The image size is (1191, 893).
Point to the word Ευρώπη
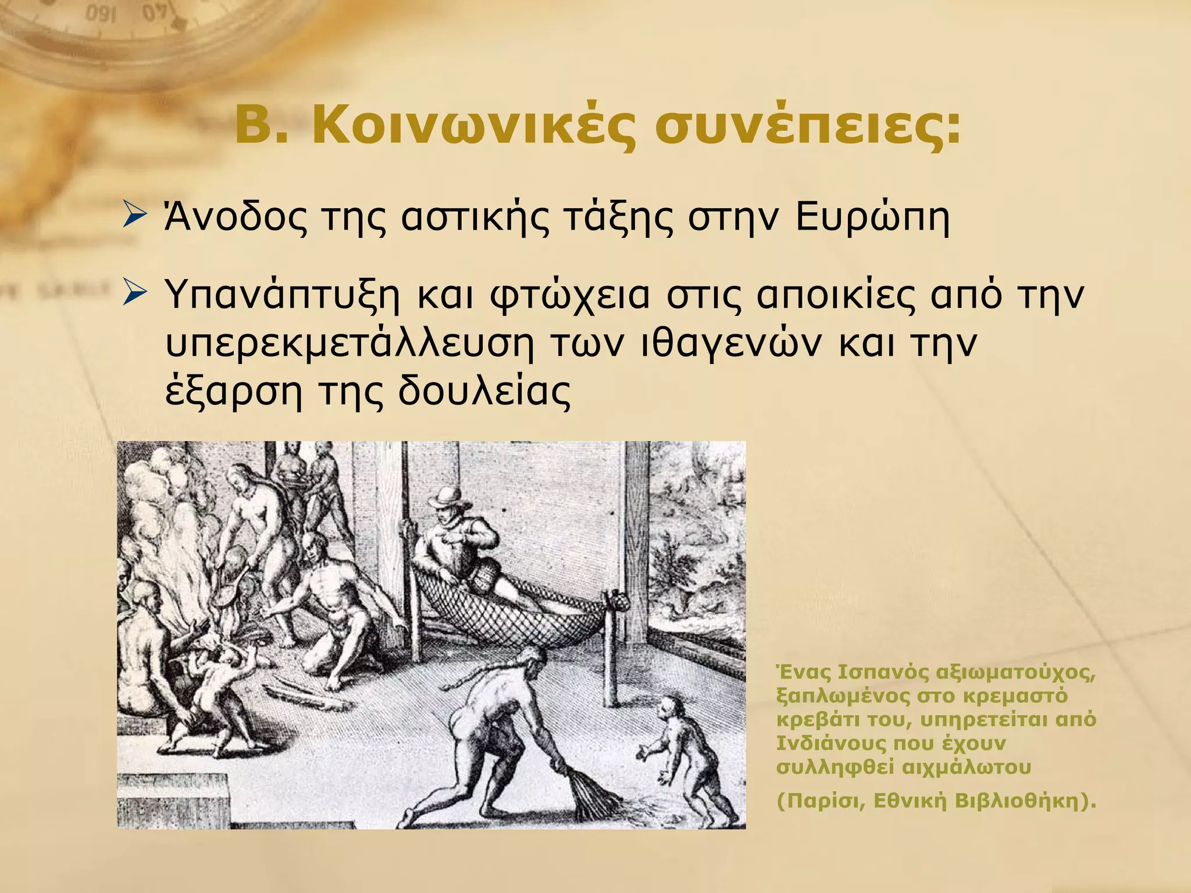click(x=872, y=219)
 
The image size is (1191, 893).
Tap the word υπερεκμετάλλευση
click(x=349, y=344)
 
